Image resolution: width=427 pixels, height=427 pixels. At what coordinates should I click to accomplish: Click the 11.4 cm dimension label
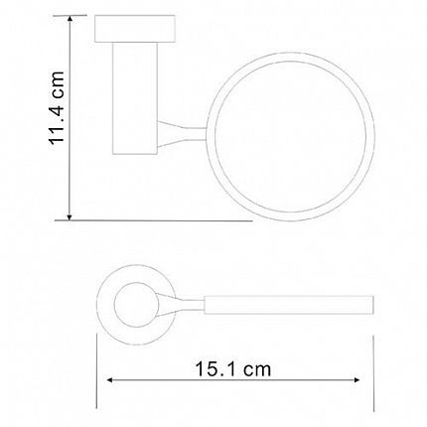[57, 107]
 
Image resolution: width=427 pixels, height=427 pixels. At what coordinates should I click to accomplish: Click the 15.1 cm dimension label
[233, 369]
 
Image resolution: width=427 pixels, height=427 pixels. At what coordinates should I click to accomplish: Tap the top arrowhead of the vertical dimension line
[70, 19]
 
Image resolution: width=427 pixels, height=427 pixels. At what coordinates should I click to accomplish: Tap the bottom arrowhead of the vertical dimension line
[70, 216]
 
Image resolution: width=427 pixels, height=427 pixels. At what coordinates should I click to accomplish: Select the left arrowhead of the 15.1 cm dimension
[110, 380]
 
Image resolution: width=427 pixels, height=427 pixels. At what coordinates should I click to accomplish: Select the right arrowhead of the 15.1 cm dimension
[356, 380]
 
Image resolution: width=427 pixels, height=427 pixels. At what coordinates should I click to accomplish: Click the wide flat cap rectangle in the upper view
[135, 29]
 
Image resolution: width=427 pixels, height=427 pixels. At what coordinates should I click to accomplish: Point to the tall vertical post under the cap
[135, 98]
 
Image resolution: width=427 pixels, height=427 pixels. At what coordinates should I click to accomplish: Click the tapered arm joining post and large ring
[182, 134]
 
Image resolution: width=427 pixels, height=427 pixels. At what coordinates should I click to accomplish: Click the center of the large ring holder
[290, 136]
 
